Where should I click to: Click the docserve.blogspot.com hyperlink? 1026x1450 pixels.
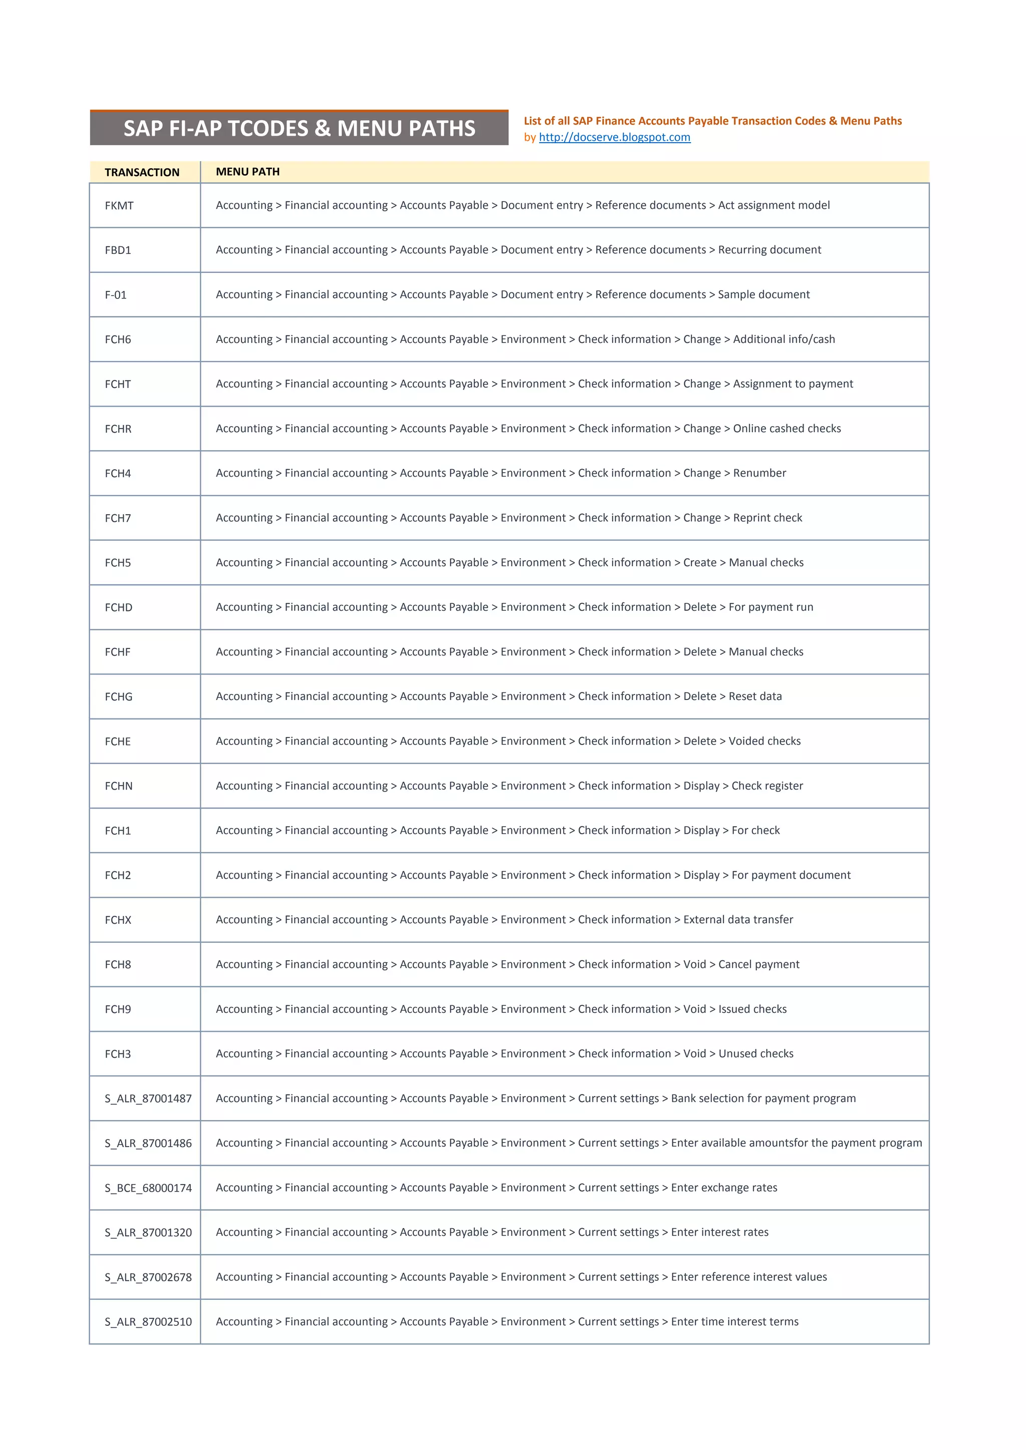point(614,137)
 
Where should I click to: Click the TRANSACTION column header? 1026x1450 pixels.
point(142,172)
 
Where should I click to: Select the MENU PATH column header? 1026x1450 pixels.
point(247,172)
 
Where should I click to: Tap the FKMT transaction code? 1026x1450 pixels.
point(119,206)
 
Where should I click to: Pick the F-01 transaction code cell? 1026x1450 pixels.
point(116,295)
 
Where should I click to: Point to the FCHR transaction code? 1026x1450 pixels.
point(118,429)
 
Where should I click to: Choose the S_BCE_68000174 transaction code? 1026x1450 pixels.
point(148,1188)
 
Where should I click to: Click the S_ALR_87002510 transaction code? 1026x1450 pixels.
point(148,1322)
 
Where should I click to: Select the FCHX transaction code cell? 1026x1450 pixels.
point(118,920)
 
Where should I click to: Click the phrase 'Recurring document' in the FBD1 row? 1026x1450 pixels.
point(769,250)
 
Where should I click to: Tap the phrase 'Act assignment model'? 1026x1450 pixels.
point(774,205)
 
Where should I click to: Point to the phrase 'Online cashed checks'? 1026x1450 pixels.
point(787,429)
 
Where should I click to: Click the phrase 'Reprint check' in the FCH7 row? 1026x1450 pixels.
point(767,518)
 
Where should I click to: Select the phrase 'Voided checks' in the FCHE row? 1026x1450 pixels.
point(764,742)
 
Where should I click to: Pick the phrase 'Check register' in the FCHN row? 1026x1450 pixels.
point(767,786)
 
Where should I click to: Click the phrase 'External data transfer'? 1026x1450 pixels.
point(738,920)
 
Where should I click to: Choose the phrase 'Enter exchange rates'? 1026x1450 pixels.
point(724,1188)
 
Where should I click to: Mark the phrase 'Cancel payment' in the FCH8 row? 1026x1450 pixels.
point(759,965)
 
